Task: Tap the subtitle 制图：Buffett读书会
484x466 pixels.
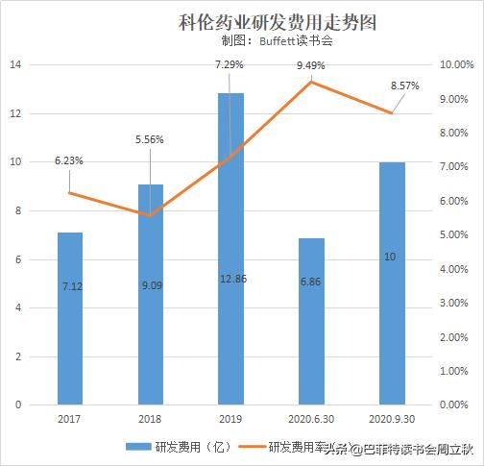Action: point(277,42)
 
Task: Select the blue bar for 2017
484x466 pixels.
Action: point(69,317)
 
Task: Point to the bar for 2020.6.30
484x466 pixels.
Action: point(311,321)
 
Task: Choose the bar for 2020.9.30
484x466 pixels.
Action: point(392,282)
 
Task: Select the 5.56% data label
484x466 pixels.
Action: point(150,139)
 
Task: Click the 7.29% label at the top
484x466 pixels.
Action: point(230,65)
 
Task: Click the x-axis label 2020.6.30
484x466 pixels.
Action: point(311,420)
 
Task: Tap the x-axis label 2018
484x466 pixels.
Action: point(150,420)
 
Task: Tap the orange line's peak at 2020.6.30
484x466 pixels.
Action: point(311,82)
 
